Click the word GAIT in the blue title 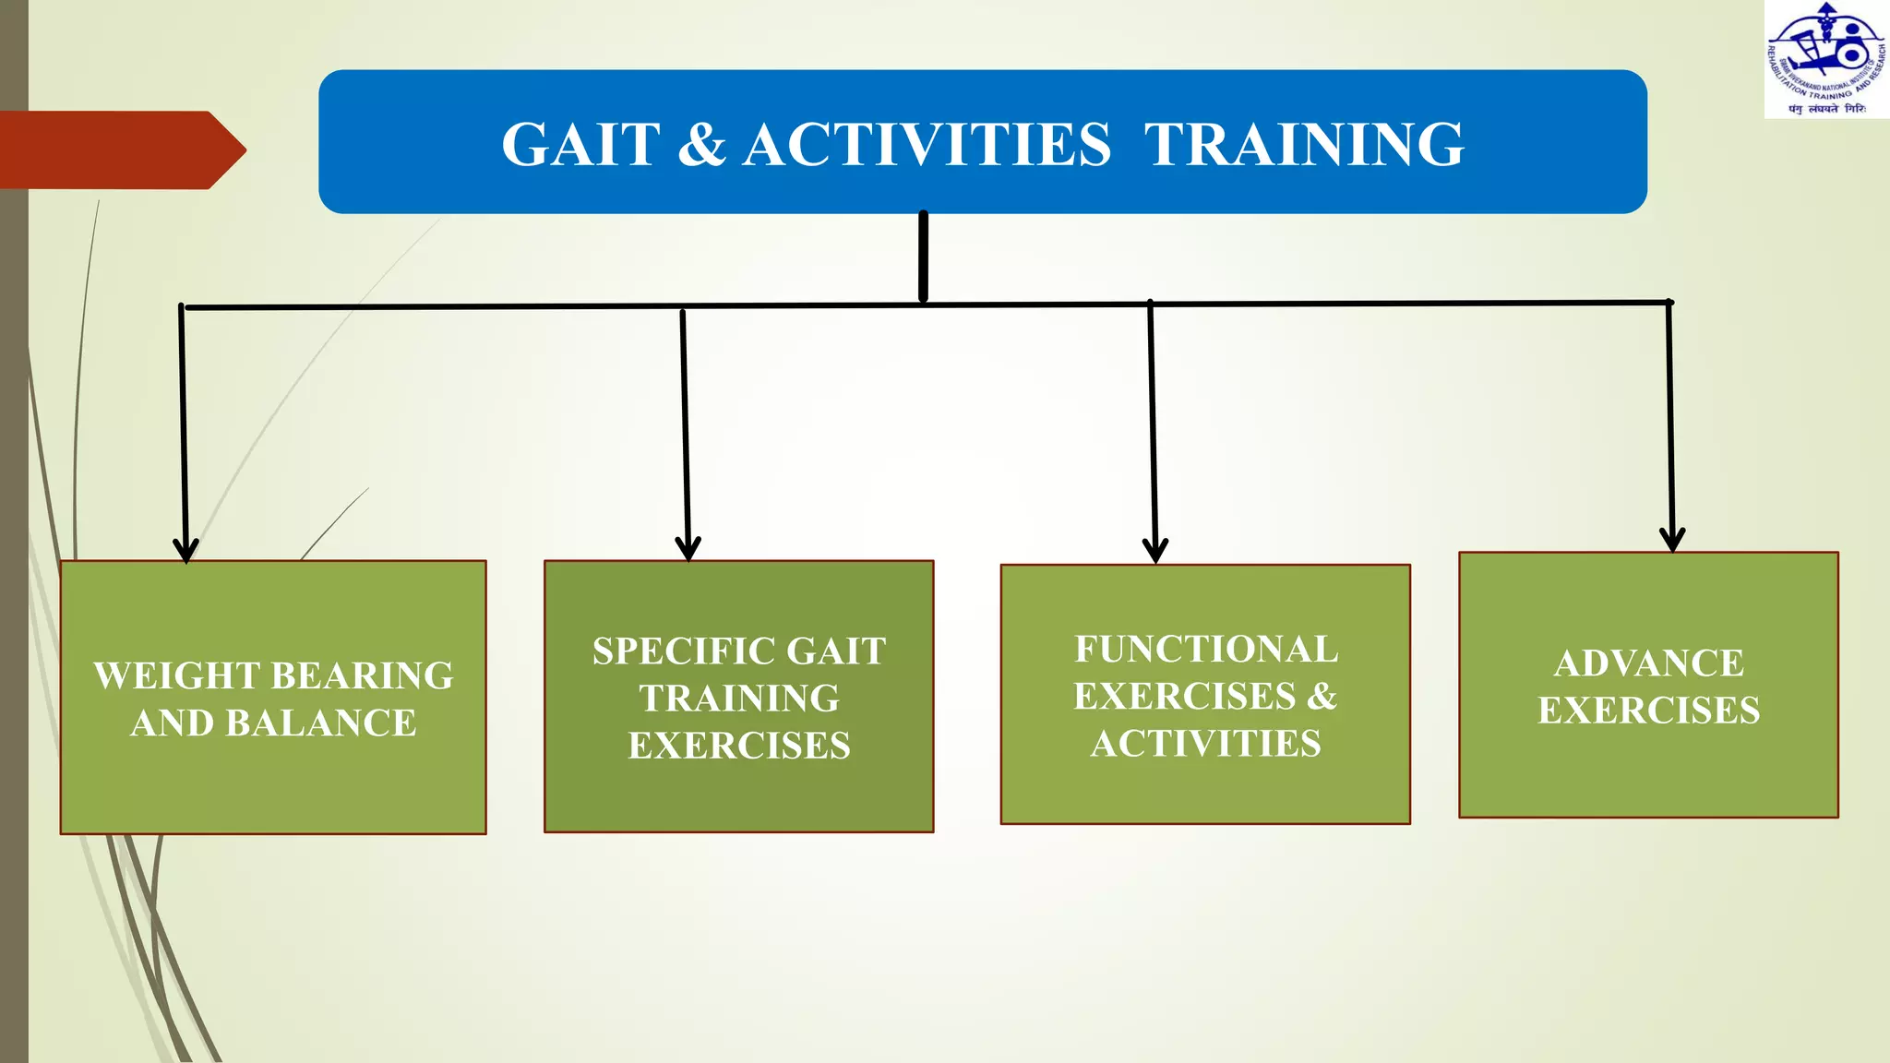pyautogui.click(x=580, y=145)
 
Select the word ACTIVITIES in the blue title pyautogui.click(x=927, y=145)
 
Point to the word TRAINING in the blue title pyautogui.click(x=1304, y=145)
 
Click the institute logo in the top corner pyautogui.click(x=1826, y=59)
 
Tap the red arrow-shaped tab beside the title pyautogui.click(x=120, y=149)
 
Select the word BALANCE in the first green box pyautogui.click(x=320, y=723)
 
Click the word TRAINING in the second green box pyautogui.click(x=739, y=699)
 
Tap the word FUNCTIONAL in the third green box pyautogui.click(x=1205, y=650)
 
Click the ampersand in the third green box pyautogui.click(x=1322, y=696)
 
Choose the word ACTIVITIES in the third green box pyautogui.click(x=1205, y=744)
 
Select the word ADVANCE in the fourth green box pyautogui.click(x=1648, y=663)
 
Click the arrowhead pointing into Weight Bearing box pyautogui.click(x=185, y=550)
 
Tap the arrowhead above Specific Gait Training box pyautogui.click(x=688, y=548)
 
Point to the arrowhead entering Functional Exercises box pyautogui.click(x=1155, y=551)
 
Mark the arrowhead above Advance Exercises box pyautogui.click(x=1672, y=540)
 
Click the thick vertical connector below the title pyautogui.click(x=923, y=257)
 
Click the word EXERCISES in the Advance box pyautogui.click(x=1648, y=711)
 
